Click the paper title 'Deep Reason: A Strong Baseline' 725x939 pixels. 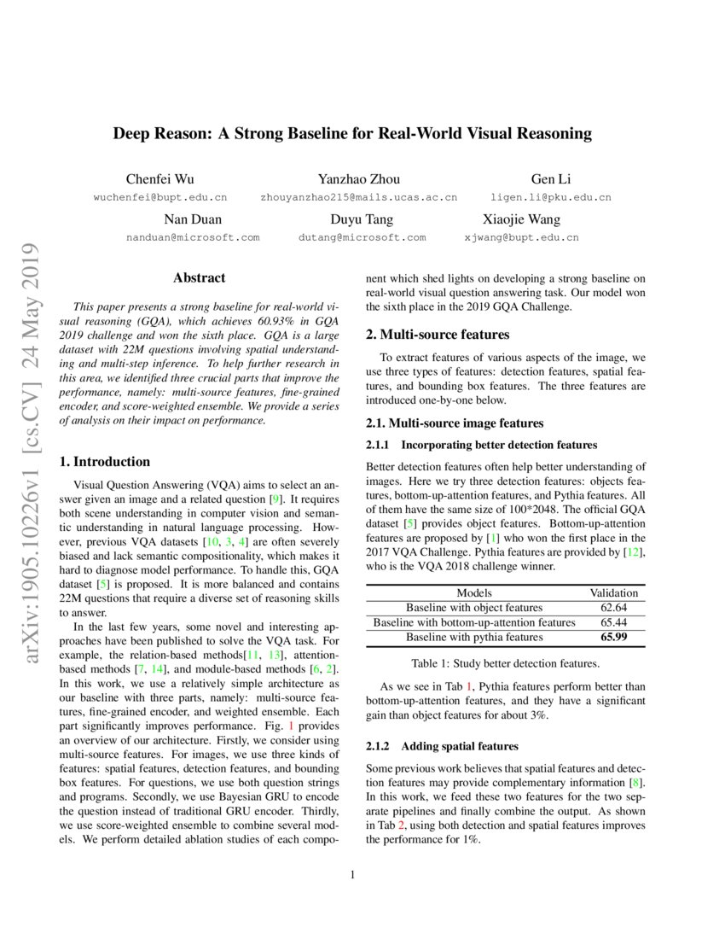tap(353, 134)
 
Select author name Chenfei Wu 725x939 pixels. tap(159, 179)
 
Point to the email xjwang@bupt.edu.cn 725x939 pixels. tap(521, 237)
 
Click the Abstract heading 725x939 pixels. tap(199, 277)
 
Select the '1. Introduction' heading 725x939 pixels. tap(105, 462)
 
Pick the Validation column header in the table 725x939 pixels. tap(613, 592)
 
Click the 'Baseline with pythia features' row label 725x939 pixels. tap(474, 637)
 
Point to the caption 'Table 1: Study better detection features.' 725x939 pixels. tap(506, 663)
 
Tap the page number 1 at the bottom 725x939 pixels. tap(353, 874)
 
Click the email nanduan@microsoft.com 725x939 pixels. tap(193, 237)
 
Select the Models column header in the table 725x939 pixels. tap(474, 592)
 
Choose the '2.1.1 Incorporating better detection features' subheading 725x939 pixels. tap(481, 445)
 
